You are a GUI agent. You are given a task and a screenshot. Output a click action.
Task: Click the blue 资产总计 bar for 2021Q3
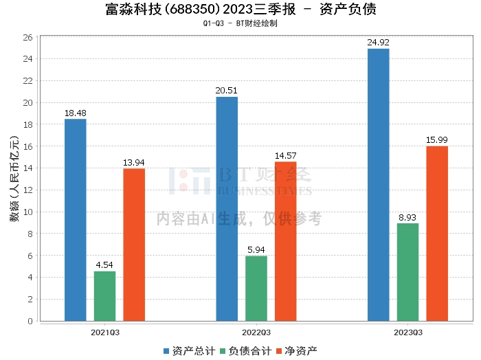[x=76, y=220]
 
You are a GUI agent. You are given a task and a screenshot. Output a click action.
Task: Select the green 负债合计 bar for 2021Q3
[x=104, y=296]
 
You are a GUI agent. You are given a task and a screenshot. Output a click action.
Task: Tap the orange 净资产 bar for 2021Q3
[x=134, y=245]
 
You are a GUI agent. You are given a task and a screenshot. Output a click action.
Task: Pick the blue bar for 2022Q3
[x=227, y=209]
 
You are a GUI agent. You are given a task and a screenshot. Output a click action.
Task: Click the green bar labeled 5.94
[x=256, y=289]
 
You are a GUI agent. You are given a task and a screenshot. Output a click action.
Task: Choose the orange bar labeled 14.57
[x=285, y=241]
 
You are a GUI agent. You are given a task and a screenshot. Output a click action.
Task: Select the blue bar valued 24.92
[x=378, y=185]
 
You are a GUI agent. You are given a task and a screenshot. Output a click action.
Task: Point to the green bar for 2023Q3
[x=407, y=272]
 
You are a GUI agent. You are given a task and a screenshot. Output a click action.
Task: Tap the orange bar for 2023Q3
[x=437, y=234]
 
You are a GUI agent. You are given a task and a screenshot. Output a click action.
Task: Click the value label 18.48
[x=76, y=113]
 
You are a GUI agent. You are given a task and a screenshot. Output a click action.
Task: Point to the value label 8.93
[x=407, y=217]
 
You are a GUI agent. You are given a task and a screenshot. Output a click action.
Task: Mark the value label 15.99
[x=437, y=140]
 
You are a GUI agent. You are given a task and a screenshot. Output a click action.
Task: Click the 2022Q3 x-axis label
[x=256, y=332]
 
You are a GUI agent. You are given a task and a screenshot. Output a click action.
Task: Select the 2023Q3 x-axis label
[x=407, y=332]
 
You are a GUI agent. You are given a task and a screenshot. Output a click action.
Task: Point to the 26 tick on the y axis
[x=28, y=37]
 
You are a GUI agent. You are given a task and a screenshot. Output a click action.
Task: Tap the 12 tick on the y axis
[x=28, y=190]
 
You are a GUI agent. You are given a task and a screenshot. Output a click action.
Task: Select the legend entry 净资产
[x=296, y=351]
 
